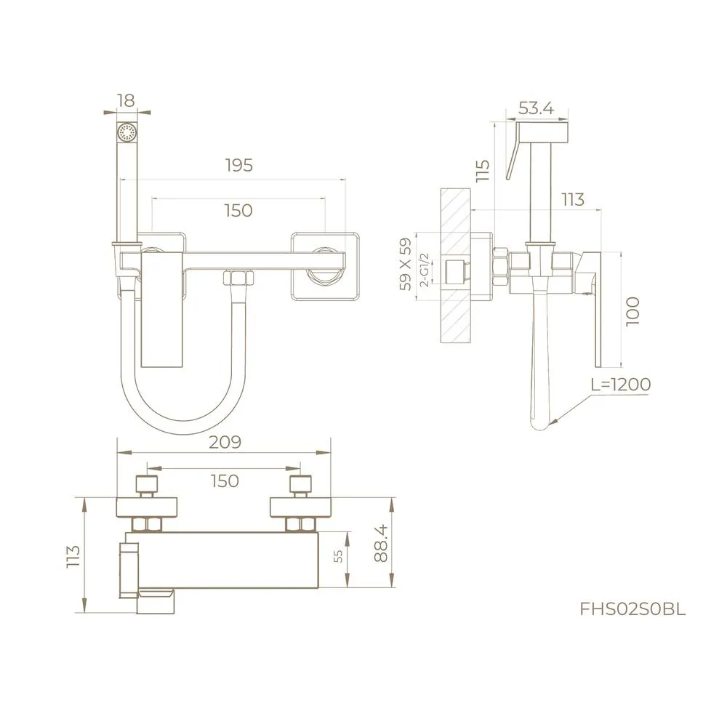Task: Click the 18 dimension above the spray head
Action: tap(128, 101)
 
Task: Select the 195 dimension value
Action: tap(238, 165)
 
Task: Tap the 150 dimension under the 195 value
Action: tap(238, 210)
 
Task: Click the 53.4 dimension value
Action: tap(536, 108)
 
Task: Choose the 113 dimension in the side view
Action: tap(573, 199)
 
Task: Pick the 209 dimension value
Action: tap(225, 441)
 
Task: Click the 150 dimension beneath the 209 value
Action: tap(225, 481)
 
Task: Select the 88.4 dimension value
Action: tap(380, 543)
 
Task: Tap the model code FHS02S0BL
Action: tap(632, 609)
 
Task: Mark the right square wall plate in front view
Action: tap(326, 266)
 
